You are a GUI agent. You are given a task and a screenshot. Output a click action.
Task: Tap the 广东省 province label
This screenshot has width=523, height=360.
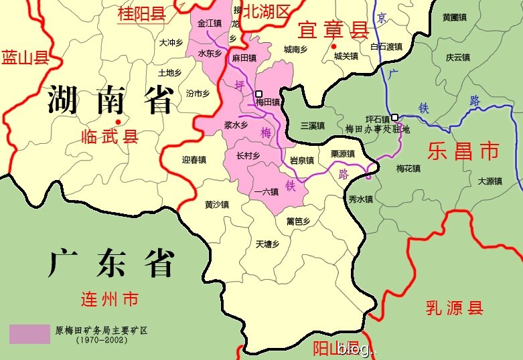112,262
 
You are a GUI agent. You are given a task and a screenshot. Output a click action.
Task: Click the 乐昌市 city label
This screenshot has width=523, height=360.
463,151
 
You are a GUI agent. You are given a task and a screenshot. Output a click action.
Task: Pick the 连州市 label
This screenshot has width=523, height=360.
109,298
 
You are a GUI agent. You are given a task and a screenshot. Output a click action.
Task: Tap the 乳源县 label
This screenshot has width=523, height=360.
455,308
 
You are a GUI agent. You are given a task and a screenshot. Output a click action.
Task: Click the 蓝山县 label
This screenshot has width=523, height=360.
25,56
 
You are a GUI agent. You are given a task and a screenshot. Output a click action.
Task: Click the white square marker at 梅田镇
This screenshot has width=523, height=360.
258,94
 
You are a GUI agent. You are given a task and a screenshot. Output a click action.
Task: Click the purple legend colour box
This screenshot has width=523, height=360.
29,334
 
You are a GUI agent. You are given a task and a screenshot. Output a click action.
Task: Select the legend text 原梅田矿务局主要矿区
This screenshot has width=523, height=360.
100,330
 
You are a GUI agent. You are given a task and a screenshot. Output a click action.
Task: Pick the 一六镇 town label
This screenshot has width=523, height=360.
267,192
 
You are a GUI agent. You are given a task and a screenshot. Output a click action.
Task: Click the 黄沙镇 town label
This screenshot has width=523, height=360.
216,205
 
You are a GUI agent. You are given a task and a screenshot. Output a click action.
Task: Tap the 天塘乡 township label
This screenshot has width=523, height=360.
267,244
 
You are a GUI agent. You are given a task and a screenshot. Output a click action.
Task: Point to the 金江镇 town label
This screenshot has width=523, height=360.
208,23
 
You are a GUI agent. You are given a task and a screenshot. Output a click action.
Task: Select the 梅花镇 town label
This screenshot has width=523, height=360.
408,169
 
